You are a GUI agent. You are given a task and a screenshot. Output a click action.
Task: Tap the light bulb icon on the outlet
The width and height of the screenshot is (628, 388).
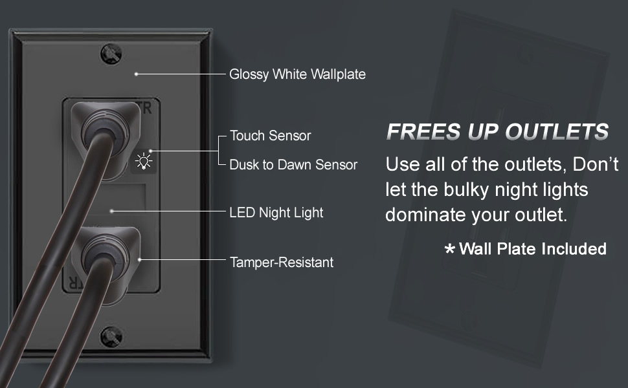pyautogui.click(x=143, y=160)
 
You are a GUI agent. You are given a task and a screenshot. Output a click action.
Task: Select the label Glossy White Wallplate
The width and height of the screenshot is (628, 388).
pyautogui.click(x=297, y=74)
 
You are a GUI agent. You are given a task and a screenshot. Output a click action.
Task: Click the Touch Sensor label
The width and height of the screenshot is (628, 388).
pyautogui.click(x=270, y=136)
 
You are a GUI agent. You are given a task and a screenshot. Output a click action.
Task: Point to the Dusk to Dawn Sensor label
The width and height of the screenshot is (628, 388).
pyautogui.click(x=293, y=165)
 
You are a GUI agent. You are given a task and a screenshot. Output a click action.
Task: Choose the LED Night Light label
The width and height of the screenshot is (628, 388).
pyautogui.click(x=276, y=212)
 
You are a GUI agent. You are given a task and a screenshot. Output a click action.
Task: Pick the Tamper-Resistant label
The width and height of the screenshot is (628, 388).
pyautogui.click(x=282, y=263)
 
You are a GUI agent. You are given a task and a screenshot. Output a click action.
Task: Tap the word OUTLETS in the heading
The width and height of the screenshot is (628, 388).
pyautogui.click(x=557, y=133)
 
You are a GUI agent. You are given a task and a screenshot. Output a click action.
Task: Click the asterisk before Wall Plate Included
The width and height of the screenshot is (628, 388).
pyautogui.click(x=450, y=250)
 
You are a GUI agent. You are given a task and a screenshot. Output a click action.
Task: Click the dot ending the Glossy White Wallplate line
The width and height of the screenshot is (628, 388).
pyautogui.click(x=136, y=74)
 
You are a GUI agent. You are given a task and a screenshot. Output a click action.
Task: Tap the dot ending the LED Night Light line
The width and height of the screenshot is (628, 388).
pyautogui.click(x=111, y=211)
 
